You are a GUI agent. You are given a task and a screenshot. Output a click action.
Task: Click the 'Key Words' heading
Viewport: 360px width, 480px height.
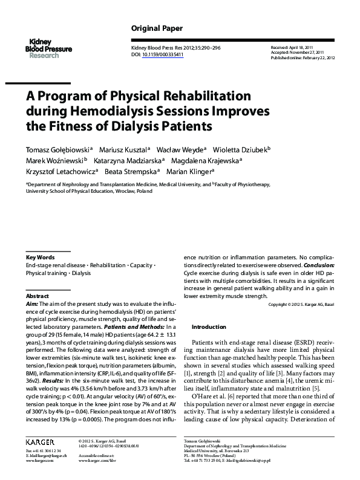point(41,257)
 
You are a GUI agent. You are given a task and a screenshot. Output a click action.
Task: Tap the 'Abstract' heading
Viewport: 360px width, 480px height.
point(38,296)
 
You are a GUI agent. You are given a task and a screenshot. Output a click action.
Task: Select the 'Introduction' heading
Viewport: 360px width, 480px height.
point(208,326)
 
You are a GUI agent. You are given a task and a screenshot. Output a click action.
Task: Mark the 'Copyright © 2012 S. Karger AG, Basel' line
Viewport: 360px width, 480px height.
point(301,304)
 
